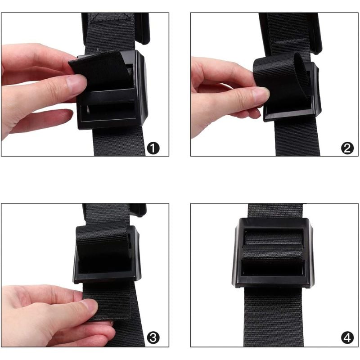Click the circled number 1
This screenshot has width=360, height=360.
[x=153, y=148]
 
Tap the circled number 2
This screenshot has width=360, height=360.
[x=347, y=148]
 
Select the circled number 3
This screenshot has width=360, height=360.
[x=153, y=338]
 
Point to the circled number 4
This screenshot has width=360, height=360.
[x=347, y=338]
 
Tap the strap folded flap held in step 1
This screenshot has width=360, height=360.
[x=101, y=69]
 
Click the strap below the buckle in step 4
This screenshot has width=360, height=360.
[x=274, y=317]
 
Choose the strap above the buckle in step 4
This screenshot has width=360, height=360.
[x=275, y=211]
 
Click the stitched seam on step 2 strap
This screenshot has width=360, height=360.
[x=290, y=41]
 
